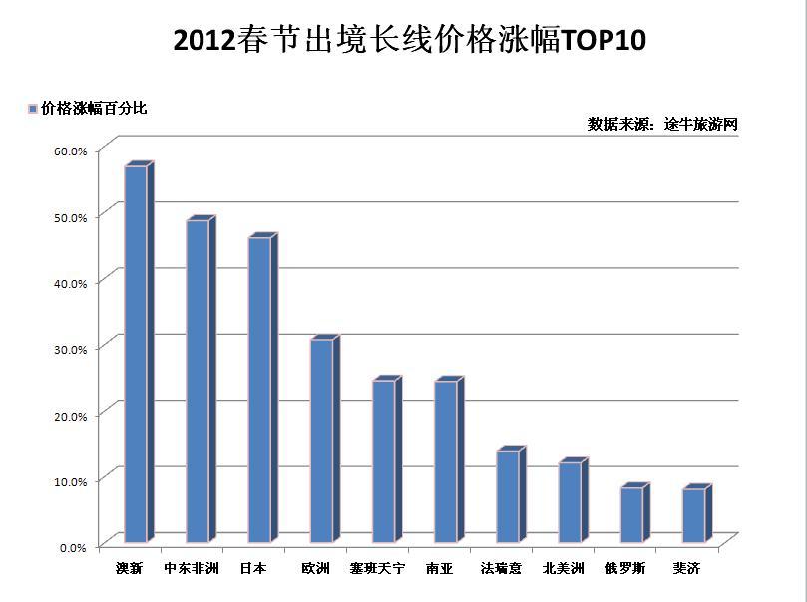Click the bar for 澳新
[x=136, y=354]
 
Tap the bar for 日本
[x=259, y=390]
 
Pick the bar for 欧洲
[x=321, y=441]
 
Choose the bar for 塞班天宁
[x=384, y=460]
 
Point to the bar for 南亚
[x=446, y=461]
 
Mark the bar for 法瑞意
[x=508, y=496]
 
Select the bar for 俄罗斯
[x=631, y=514]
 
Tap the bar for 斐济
[x=694, y=515]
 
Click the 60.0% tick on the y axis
[x=71, y=150]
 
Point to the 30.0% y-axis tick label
[x=71, y=349]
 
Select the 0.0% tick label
[x=74, y=547]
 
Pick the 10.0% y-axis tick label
[x=71, y=481]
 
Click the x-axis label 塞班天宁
[x=377, y=569]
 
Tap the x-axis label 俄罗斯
[x=624, y=569]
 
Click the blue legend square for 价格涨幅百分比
[x=33, y=109]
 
